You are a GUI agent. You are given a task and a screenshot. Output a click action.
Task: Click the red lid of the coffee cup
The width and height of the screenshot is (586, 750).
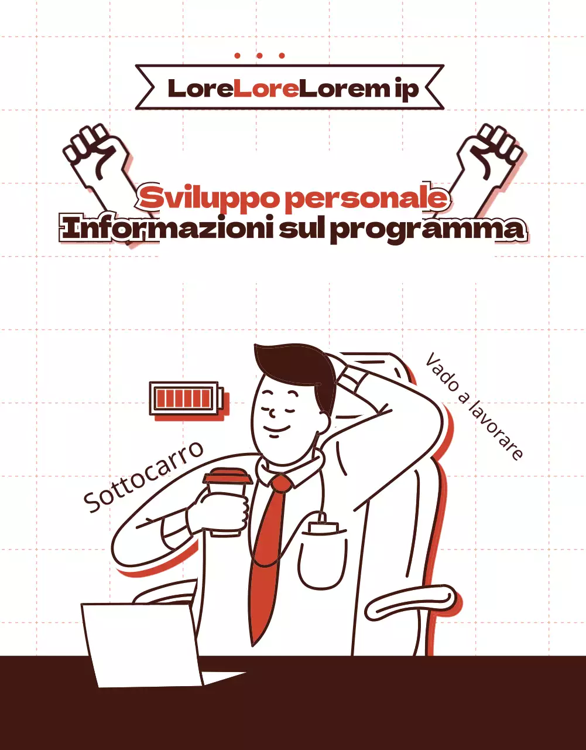[x=228, y=476]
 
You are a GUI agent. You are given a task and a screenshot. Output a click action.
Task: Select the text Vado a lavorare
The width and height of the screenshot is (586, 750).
[x=474, y=406]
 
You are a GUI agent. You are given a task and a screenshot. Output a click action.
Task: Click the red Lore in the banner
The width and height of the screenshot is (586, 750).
[x=266, y=88]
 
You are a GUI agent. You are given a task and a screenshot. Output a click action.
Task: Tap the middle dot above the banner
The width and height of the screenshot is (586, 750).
[x=259, y=56]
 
